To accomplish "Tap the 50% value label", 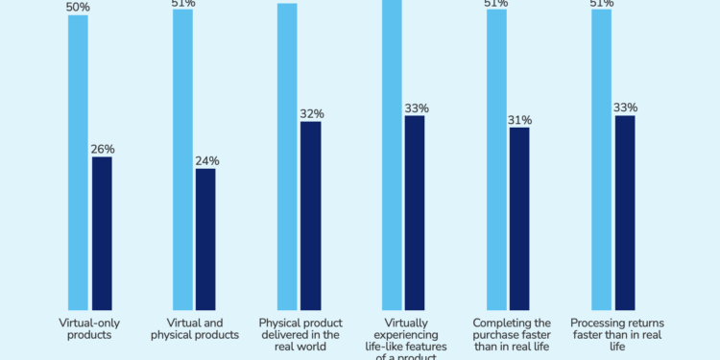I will point(78,7).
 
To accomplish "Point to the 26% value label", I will point(102,149).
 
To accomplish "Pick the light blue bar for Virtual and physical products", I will point(182,158).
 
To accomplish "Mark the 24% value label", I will point(205,160).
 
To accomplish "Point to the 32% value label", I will point(310,113).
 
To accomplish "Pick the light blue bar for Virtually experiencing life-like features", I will point(392,154).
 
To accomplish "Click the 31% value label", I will point(519,120).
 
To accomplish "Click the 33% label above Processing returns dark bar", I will point(625,108).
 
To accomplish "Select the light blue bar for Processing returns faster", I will point(601,158).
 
